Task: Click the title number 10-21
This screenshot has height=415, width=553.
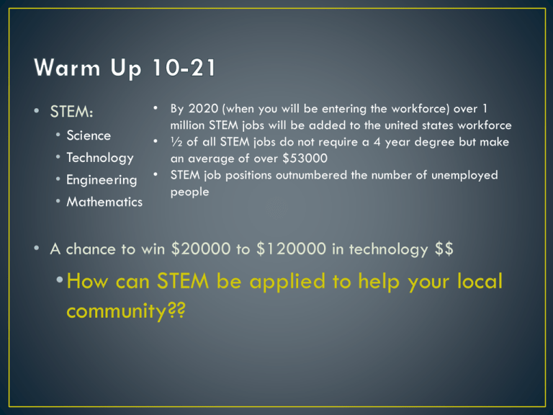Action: pyautogui.click(x=184, y=68)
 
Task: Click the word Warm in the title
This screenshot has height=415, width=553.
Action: pyautogui.click(x=67, y=68)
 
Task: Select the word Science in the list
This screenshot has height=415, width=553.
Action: pyautogui.click(x=89, y=135)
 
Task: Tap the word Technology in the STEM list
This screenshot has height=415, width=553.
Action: pyautogui.click(x=100, y=158)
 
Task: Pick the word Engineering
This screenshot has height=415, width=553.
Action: pyautogui.click(x=102, y=180)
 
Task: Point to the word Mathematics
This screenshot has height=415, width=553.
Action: pyautogui.click(x=104, y=202)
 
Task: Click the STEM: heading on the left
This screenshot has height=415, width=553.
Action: pyautogui.click(x=71, y=112)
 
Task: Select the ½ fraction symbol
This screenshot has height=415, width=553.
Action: pyautogui.click(x=176, y=142)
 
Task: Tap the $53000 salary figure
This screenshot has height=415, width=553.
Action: pyautogui.click(x=305, y=158)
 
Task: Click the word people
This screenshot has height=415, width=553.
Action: pyautogui.click(x=190, y=192)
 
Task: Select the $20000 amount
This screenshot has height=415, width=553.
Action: pyautogui.click(x=201, y=249)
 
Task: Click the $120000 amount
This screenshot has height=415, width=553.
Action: pyautogui.click(x=291, y=249)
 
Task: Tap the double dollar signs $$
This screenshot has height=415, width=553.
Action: pyautogui.click(x=444, y=249)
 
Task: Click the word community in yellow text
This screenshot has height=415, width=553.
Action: pyautogui.click(x=117, y=311)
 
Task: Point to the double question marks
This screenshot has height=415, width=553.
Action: pyautogui.click(x=176, y=310)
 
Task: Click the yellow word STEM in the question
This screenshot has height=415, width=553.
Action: pyautogui.click(x=183, y=281)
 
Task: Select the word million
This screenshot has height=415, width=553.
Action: pyautogui.click(x=187, y=125)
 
